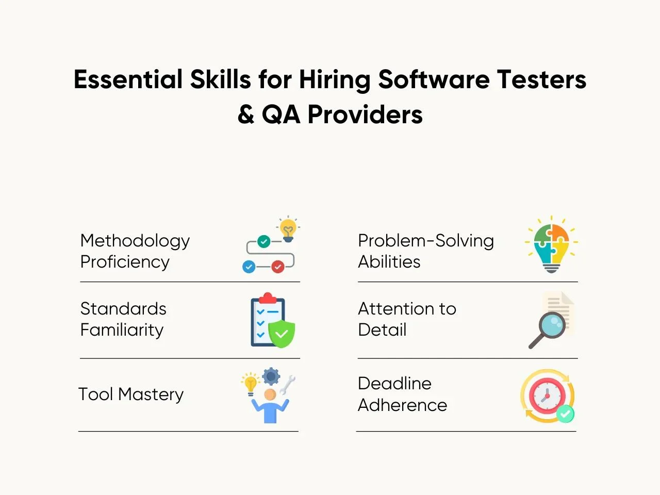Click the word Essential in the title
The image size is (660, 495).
click(x=128, y=79)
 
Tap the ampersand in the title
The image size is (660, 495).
click(x=246, y=114)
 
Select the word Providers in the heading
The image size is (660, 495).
click(x=365, y=114)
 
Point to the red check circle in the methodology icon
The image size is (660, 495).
click(x=278, y=267)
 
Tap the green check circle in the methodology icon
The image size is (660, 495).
click(x=263, y=241)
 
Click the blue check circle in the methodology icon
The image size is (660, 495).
click(x=249, y=267)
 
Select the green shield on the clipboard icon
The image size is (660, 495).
click(x=282, y=334)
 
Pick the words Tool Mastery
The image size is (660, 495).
click(x=131, y=394)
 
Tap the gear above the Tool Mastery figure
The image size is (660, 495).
click(x=271, y=376)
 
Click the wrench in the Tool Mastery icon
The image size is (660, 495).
click(x=288, y=385)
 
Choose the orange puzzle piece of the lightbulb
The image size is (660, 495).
click(x=560, y=233)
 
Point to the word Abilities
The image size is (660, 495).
click(x=389, y=262)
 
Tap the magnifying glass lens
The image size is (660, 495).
click(x=552, y=325)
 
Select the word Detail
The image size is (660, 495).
click(x=382, y=329)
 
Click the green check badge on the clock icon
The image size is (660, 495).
click(x=565, y=414)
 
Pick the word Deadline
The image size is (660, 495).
click(x=394, y=384)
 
